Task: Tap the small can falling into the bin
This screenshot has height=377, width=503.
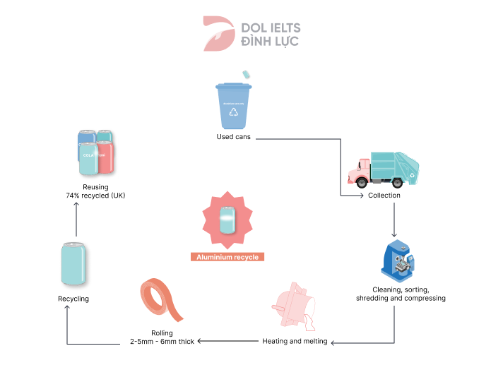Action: coord(247,73)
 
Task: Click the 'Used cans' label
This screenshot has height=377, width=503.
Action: coord(233,136)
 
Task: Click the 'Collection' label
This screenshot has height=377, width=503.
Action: coord(384,196)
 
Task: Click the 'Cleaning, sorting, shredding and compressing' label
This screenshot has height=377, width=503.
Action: coord(400,294)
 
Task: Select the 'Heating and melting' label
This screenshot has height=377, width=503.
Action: coord(295,342)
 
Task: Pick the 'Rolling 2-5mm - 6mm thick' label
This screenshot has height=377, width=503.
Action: coord(162,337)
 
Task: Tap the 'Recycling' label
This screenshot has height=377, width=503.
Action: coord(73,299)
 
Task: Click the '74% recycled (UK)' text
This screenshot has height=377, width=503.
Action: coord(95,195)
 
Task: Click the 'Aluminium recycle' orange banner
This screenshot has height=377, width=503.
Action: coord(227,257)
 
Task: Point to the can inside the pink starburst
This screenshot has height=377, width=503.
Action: coord(227,220)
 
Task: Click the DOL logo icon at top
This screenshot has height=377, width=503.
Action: coord(218,33)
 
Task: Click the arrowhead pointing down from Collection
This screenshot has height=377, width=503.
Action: coord(393,234)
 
